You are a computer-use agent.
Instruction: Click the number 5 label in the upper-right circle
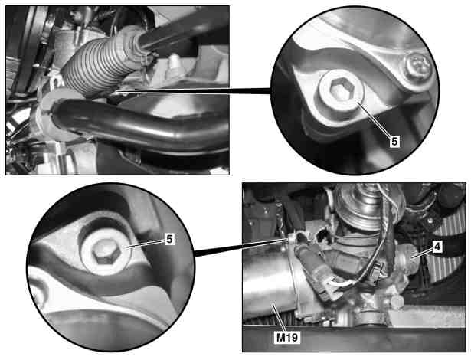pyautogui.click(x=394, y=141)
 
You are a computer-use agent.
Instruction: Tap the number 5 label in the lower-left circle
pyautogui.click(x=170, y=239)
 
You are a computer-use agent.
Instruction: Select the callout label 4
pyautogui.click(x=437, y=247)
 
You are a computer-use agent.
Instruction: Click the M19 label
pyautogui.click(x=287, y=337)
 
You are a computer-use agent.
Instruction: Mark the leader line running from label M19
pyautogui.click(x=279, y=317)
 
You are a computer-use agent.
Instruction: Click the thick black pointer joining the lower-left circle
pyautogui.click(x=240, y=247)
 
